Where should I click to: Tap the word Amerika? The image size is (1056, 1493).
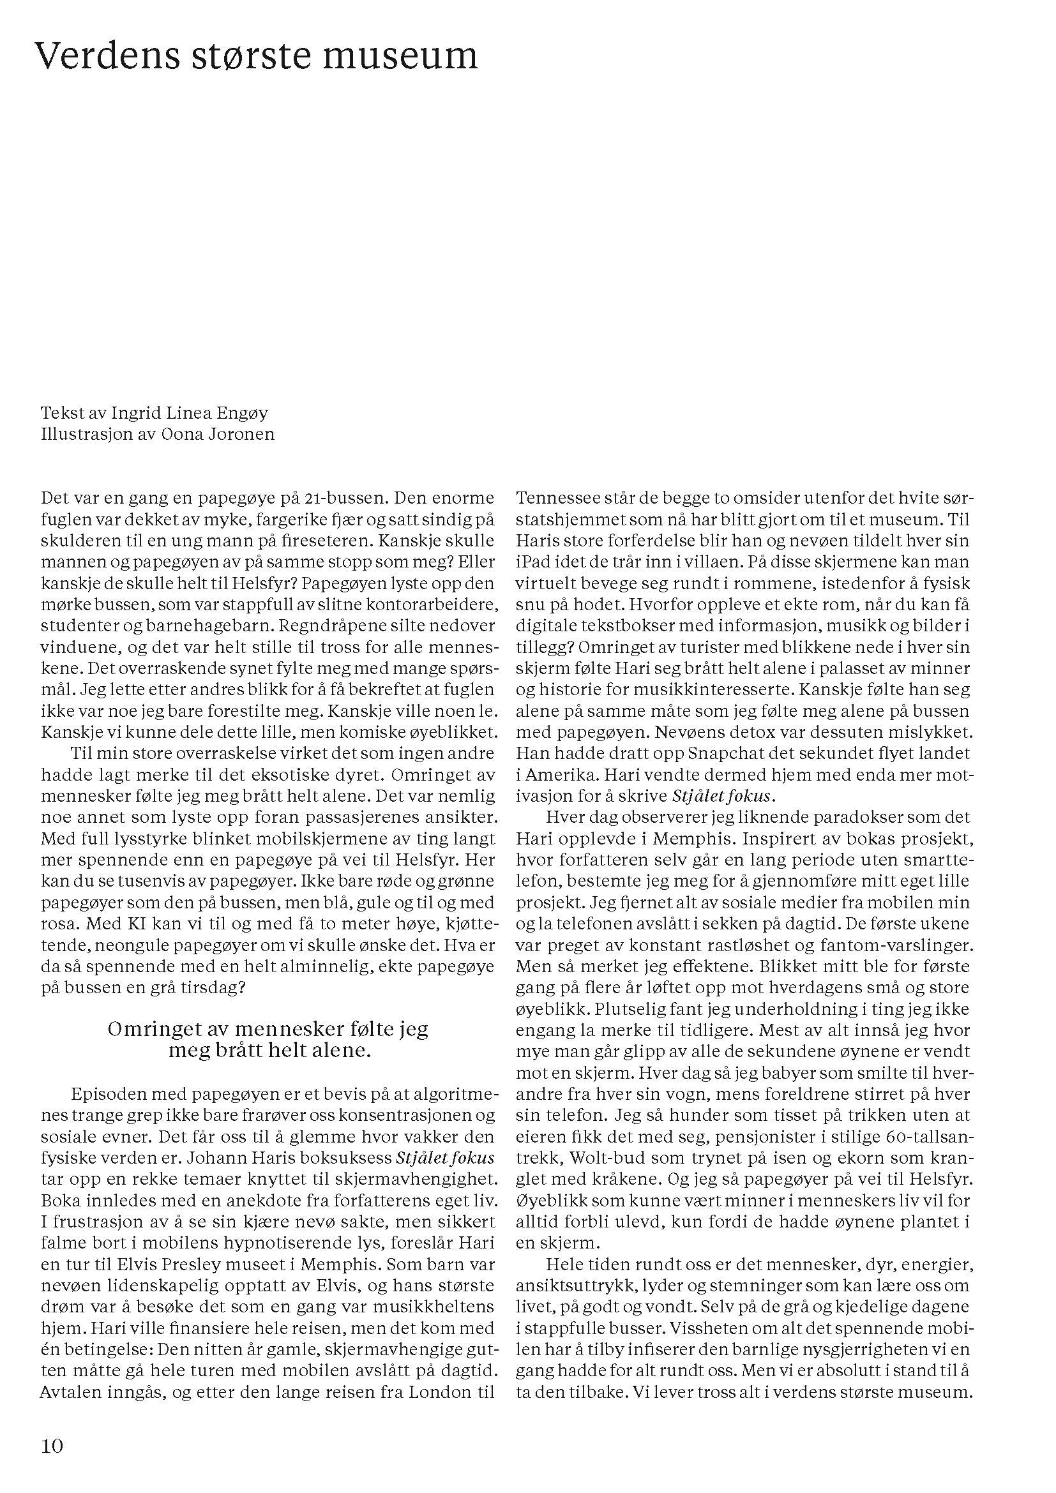pos(564,775)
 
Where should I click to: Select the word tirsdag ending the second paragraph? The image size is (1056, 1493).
pos(219,987)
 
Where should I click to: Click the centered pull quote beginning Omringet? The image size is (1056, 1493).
pos(269,1040)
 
